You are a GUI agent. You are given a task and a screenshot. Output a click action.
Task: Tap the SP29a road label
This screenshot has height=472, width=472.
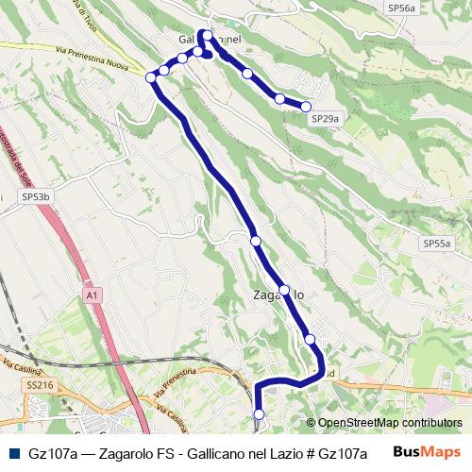coord(324,119)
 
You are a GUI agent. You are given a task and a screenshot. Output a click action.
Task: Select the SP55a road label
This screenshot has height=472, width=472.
coord(436,243)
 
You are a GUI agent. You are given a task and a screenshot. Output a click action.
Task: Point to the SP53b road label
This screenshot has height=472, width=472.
coord(35,196)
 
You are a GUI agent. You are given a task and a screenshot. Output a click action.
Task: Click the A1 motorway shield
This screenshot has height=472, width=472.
coord(92,295)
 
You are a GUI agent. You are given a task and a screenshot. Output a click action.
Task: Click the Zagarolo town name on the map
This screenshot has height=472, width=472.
coord(278,295)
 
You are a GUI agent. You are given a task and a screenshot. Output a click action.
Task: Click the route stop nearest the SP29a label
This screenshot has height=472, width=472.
coord(306,107)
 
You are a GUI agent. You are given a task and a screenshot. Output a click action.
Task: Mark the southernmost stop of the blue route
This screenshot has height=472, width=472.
coord(260,413)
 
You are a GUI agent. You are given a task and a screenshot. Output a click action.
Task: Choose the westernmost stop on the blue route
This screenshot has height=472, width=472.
coord(151,77)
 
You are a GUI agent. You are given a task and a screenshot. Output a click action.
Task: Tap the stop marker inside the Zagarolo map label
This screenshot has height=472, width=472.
coord(284,290)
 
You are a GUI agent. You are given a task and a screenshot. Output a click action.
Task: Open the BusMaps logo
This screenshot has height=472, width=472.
coord(426,452)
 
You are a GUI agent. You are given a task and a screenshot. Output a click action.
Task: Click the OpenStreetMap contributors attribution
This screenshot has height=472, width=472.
coord(389,423)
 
